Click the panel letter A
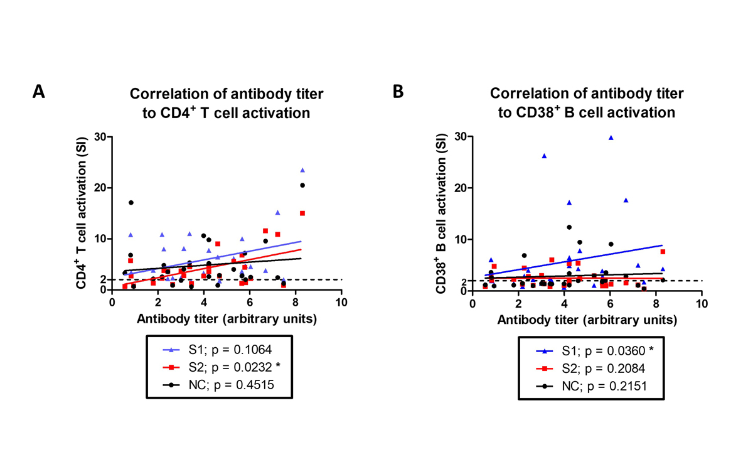39,92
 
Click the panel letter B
398,92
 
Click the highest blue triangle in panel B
611,137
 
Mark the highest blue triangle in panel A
302,170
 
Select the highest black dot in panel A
302,185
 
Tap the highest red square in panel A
302,213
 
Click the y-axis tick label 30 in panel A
99,136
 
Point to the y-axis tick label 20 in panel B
459,188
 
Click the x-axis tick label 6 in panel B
610,302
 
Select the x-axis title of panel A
226,318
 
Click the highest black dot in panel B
569,227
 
